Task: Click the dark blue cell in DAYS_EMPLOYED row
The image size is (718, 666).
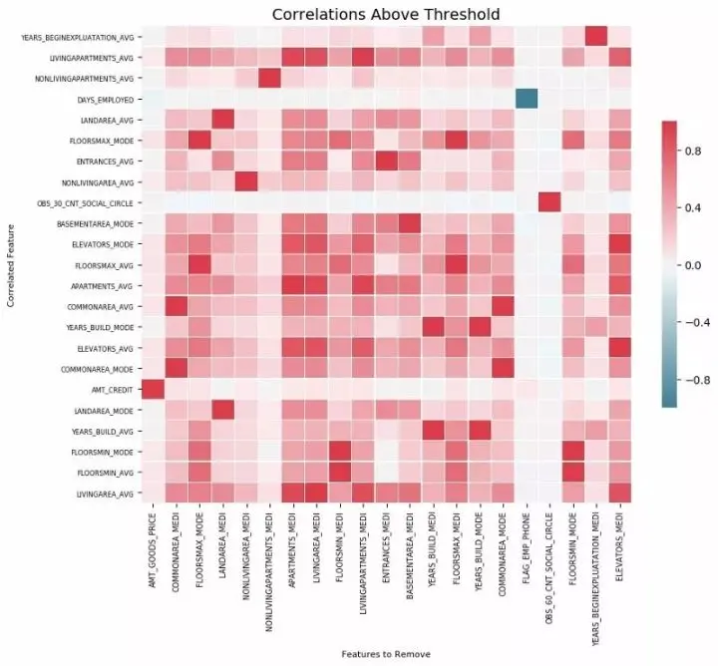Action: pos(526,99)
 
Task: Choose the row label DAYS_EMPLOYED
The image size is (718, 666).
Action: pos(105,99)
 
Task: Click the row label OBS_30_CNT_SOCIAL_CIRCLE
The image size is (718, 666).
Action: pos(81,202)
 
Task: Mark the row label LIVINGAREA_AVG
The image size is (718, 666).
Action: pos(103,493)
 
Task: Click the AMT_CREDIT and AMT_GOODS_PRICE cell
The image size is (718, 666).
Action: pos(153,389)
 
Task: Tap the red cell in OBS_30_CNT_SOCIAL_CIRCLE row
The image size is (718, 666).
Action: pos(548,202)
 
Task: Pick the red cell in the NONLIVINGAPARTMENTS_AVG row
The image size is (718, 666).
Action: pos(269,78)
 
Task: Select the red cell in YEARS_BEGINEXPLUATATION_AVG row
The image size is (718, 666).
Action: pos(595,37)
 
